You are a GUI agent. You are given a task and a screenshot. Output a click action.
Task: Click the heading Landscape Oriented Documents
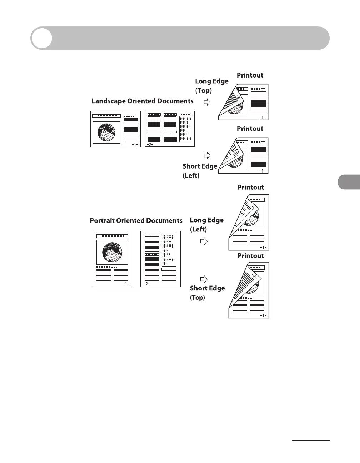point(142,101)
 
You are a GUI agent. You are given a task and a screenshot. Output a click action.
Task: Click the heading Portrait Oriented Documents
point(136,221)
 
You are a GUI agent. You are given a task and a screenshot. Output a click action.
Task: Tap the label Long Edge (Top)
point(211,86)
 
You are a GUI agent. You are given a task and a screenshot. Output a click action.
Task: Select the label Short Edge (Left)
point(200,171)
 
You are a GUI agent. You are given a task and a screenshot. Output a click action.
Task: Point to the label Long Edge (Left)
point(206,225)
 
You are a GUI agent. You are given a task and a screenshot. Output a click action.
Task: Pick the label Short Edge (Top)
point(207,293)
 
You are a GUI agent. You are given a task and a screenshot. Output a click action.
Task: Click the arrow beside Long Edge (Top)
point(207,102)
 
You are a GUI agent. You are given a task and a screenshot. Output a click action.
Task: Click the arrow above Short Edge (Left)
point(207,155)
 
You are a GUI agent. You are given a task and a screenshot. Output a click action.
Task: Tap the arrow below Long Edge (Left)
point(204,242)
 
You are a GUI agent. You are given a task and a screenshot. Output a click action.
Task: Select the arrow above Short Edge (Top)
point(204,279)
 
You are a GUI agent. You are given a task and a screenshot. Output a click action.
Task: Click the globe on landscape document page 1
point(106,133)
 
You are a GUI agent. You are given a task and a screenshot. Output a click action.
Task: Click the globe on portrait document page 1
point(112,252)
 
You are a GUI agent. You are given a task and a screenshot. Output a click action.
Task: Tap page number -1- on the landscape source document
point(135,144)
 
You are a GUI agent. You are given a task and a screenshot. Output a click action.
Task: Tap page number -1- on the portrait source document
point(126,284)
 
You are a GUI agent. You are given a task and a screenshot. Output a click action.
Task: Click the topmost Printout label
point(250,75)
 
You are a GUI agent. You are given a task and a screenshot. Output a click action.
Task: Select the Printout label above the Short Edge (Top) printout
point(250,256)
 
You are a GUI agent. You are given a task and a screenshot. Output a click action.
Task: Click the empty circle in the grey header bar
point(41,38)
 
